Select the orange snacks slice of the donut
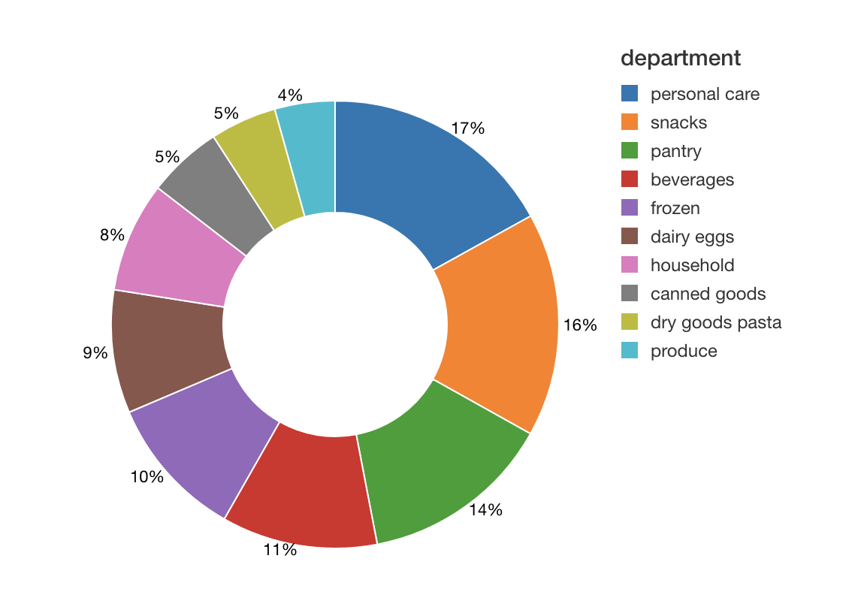coord(500,323)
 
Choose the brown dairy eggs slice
coord(169,349)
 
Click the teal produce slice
coord(312,158)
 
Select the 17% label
coord(468,128)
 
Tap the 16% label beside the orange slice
coord(580,325)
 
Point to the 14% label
coord(485,510)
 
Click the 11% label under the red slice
coord(279,550)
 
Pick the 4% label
coord(290,95)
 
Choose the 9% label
coord(95,352)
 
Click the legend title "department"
coord(681,58)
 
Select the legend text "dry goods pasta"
coord(715,322)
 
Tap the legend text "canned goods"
coord(708,294)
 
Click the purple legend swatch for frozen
coord(630,208)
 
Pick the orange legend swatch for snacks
coord(630,122)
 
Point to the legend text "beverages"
coord(692,180)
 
